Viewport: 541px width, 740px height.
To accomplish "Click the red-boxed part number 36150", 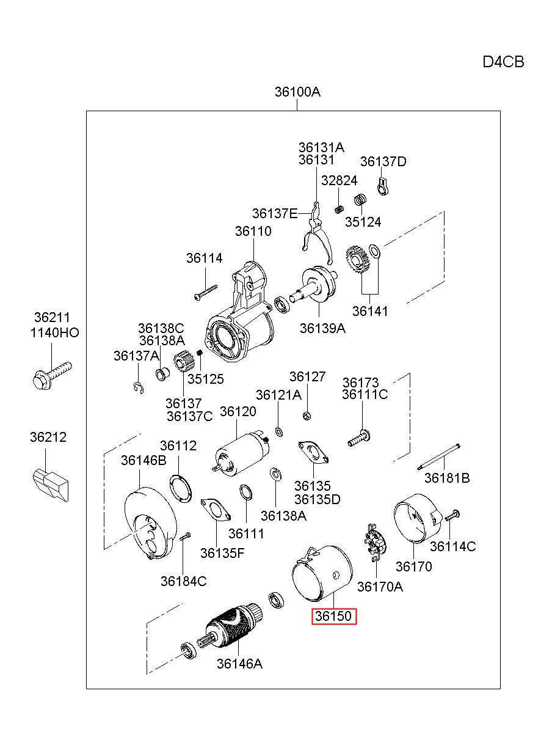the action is pyautogui.click(x=334, y=616).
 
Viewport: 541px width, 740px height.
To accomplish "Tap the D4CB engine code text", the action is pyautogui.click(x=503, y=62).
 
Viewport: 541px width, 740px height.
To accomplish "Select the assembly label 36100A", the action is pyautogui.click(x=297, y=92).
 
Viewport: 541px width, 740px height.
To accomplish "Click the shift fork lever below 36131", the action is pyautogui.click(x=318, y=233).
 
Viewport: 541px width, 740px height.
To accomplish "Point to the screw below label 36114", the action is pyautogui.click(x=206, y=292).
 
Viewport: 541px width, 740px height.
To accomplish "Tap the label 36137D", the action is pyautogui.click(x=383, y=161).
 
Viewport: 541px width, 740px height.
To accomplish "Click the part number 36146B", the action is pyautogui.click(x=143, y=460).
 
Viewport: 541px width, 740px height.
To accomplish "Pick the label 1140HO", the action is pyautogui.click(x=55, y=332).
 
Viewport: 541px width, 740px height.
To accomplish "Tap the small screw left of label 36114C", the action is pyautogui.click(x=452, y=515).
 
